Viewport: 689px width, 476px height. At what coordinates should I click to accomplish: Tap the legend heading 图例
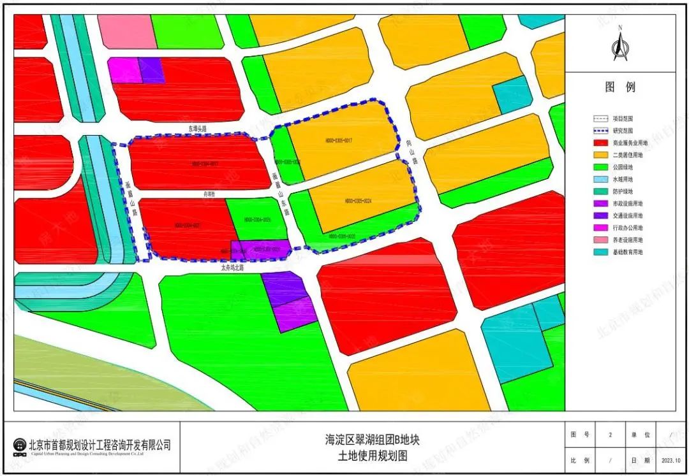click(620, 87)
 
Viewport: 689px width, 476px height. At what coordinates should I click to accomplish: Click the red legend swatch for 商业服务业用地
click(600, 143)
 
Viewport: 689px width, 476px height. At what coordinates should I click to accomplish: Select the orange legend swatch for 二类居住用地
click(600, 155)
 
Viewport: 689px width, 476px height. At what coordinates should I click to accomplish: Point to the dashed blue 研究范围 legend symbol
click(600, 131)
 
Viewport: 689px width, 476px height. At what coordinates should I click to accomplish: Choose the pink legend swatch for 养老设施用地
click(600, 240)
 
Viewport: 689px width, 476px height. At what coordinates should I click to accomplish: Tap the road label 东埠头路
click(198, 129)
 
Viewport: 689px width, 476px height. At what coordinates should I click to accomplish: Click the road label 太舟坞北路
click(232, 268)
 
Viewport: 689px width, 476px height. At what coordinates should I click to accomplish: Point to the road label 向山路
click(411, 153)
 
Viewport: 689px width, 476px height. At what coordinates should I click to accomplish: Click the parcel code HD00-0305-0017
click(339, 140)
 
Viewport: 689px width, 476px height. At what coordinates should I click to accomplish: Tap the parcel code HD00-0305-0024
click(358, 201)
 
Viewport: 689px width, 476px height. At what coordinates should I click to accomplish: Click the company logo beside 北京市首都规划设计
click(20, 445)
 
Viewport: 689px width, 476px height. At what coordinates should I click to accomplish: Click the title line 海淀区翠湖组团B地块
click(372, 440)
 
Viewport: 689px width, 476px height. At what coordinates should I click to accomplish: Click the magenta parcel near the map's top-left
click(124, 71)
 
